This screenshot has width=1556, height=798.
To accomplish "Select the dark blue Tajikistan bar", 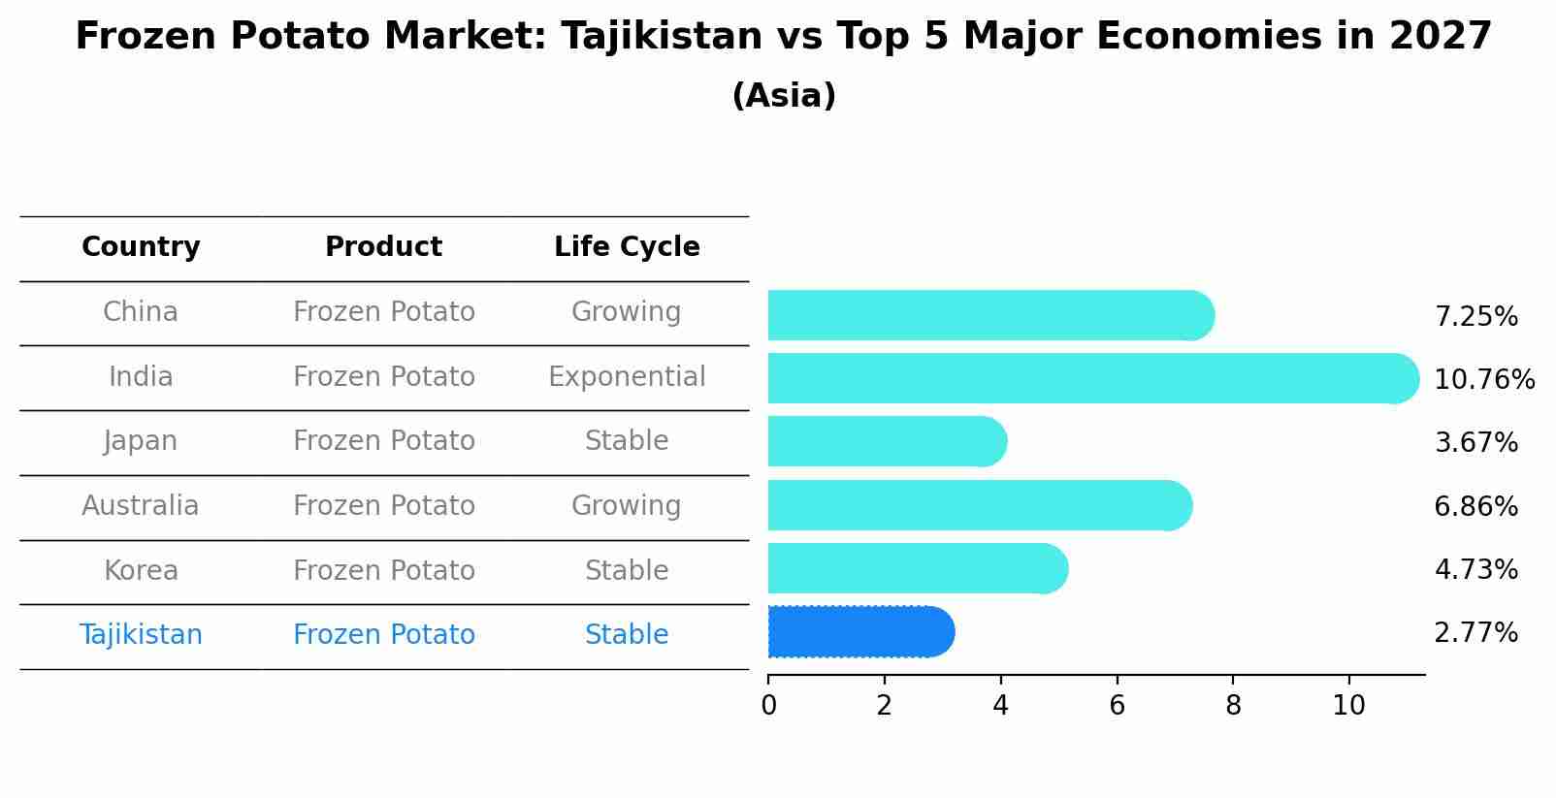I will [x=859, y=632].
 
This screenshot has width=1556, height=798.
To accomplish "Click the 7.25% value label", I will [x=1475, y=317].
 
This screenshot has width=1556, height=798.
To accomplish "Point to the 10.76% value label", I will [x=1483, y=380].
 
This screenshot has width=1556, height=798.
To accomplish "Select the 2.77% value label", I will [x=1475, y=633].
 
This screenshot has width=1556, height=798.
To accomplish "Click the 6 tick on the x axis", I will [x=1117, y=706].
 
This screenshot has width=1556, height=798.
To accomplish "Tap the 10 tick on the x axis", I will [x=1348, y=706].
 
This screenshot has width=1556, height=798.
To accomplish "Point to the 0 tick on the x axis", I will [x=768, y=706].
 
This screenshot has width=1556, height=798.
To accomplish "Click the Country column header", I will [x=141, y=247].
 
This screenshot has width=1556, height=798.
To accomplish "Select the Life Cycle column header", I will [x=627, y=247].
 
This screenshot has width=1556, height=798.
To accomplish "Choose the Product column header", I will [x=383, y=247].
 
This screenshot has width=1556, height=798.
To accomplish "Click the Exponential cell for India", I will [x=627, y=377].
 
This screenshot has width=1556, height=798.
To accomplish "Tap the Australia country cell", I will [x=141, y=506].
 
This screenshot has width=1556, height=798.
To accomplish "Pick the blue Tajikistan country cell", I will [x=141, y=635].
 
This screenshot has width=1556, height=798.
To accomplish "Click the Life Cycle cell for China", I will [x=627, y=312].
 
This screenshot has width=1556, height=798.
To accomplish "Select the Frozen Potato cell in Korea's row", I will [x=383, y=571].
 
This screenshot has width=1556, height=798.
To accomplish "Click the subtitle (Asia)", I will [x=784, y=96].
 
